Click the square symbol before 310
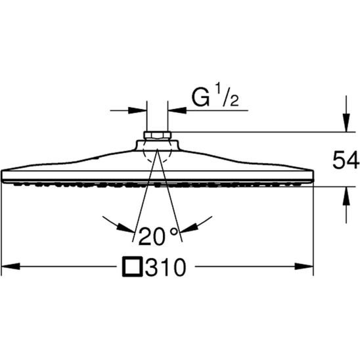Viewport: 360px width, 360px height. click(133, 267)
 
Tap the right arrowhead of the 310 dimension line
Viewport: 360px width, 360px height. click(307, 267)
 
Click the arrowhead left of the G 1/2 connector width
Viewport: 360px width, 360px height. click(140, 110)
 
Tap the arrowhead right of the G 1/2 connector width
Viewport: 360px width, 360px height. click(174, 110)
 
